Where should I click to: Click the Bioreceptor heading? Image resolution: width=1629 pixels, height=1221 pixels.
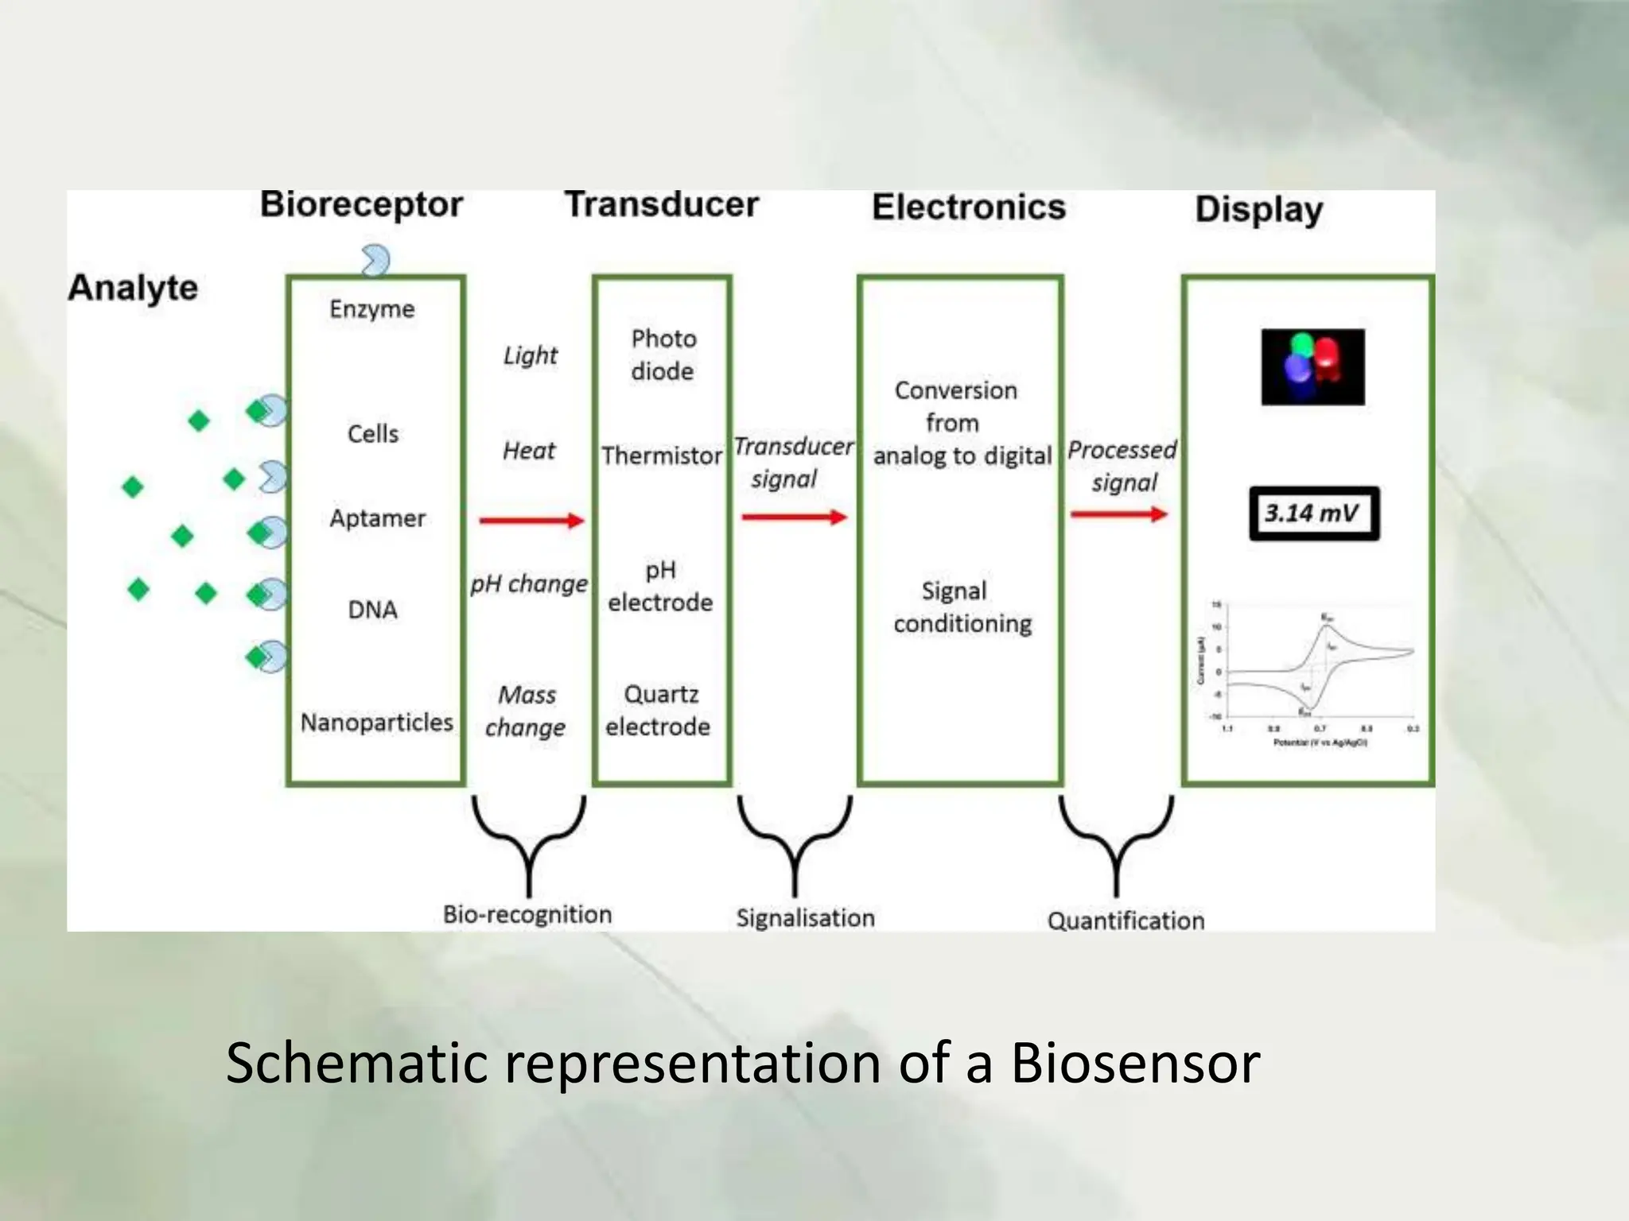361,205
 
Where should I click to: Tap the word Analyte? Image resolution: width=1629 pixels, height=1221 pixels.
133,288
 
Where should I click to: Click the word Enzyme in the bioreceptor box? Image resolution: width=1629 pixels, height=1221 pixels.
372,308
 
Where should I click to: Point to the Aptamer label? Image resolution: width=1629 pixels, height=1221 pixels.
377,518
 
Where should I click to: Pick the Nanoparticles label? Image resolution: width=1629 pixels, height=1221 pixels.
376,722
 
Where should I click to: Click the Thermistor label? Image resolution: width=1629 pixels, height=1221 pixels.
661,455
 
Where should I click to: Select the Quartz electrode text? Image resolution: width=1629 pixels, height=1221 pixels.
659,710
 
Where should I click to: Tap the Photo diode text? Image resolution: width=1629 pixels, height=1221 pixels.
663,355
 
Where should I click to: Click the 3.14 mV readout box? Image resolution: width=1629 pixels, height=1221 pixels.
1313,514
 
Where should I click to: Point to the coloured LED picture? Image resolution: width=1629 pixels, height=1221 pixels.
1312,367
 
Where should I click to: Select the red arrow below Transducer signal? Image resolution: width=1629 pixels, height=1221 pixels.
794,517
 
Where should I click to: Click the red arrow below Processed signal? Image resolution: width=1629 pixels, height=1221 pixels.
1118,514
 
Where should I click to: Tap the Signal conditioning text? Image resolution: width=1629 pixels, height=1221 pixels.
962,607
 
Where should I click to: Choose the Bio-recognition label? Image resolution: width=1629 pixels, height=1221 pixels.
527,914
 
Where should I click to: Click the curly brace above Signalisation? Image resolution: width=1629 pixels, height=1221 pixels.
795,843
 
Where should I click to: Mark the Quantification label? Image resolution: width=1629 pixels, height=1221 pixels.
1126,921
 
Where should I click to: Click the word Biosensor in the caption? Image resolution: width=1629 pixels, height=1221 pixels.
1135,1063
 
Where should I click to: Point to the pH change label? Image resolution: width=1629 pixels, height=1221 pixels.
528,584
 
